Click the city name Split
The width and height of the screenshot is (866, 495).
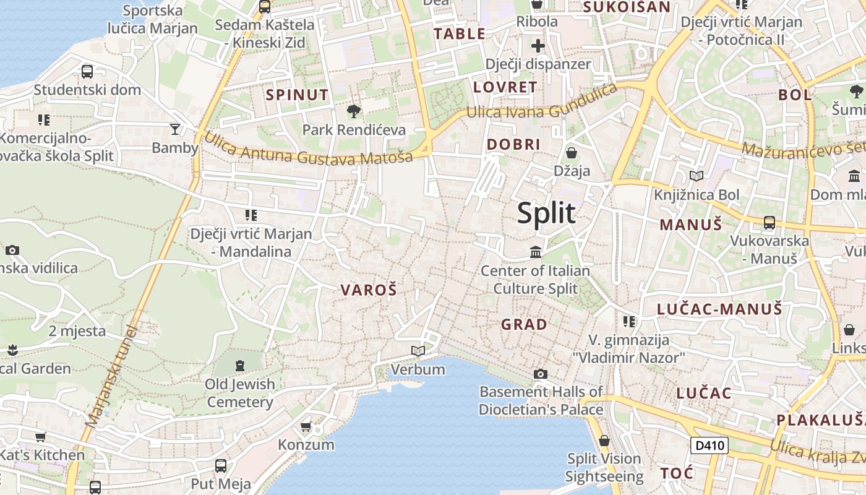tap(546, 213)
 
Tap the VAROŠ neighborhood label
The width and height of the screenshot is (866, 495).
tap(369, 290)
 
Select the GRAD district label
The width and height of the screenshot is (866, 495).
tap(524, 324)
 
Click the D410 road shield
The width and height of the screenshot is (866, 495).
tap(709, 445)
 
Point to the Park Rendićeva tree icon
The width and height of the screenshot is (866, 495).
tap(354, 111)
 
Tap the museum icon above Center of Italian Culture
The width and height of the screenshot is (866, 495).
tap(536, 252)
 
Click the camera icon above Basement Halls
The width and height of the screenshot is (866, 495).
tap(541, 374)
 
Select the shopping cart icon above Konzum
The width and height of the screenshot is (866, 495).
tap(306, 426)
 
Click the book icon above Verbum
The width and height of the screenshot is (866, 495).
tap(418, 351)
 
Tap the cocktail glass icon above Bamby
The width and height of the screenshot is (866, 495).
tap(175, 129)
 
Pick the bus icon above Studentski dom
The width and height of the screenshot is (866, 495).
tap(87, 71)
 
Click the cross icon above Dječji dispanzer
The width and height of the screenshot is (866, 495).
tap(538, 45)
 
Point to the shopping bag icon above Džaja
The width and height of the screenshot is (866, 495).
tap(572, 152)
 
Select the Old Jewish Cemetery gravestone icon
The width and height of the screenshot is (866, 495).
tap(240, 365)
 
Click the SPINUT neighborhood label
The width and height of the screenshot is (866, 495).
tap(298, 95)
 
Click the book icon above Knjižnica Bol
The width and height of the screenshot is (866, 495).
tap(697, 176)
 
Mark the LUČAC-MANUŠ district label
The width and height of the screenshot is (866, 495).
tap(719, 309)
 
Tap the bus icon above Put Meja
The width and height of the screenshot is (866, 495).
tap(221, 465)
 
